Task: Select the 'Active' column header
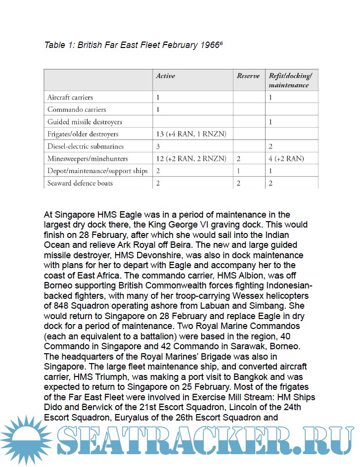click(165, 76)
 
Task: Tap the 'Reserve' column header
click(248, 76)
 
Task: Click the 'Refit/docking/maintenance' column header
click(290, 81)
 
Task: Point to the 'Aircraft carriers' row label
click(70, 97)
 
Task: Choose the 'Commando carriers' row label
click(77, 109)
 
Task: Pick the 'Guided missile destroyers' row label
click(85, 122)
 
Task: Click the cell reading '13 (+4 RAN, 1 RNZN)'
click(191, 134)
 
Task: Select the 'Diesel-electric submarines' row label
click(86, 146)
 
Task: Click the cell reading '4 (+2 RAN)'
click(286, 159)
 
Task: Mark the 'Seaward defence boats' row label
click(80, 183)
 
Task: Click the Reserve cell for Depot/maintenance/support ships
click(239, 171)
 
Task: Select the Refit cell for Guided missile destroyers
click(271, 122)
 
